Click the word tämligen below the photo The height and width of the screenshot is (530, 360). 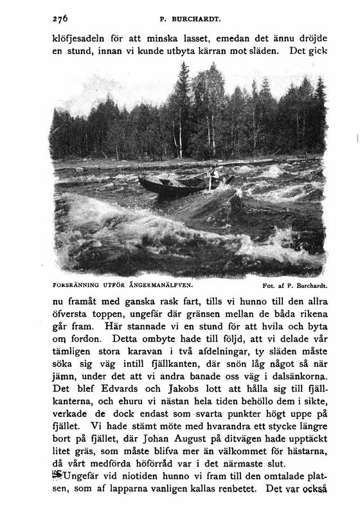pyautogui.click(x=69, y=352)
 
